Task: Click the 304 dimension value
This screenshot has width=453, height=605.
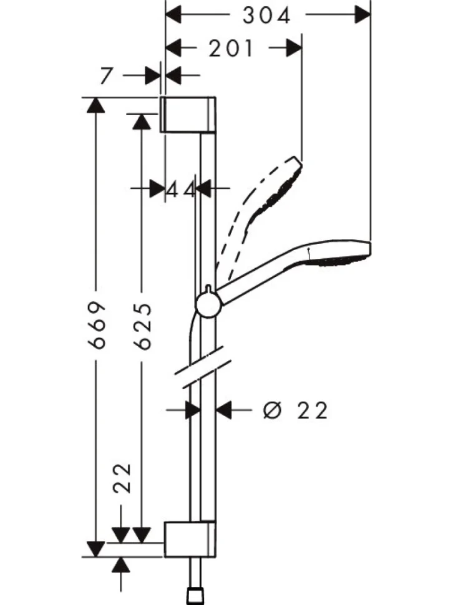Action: click(266, 16)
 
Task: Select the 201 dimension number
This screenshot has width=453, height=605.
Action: click(231, 49)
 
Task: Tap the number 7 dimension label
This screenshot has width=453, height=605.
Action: click(107, 75)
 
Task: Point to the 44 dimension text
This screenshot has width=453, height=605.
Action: click(182, 189)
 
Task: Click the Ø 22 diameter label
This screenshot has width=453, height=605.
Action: click(295, 410)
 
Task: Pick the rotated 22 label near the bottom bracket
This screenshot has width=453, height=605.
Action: click(123, 478)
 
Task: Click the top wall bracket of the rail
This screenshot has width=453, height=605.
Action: click(188, 114)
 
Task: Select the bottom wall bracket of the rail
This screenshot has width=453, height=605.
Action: click(190, 540)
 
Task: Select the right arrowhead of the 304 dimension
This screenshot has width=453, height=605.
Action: click(363, 15)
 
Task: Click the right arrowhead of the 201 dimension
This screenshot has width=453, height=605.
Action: click(294, 48)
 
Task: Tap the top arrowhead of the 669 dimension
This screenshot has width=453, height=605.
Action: click(95, 105)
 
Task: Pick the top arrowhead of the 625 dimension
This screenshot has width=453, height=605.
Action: click(142, 122)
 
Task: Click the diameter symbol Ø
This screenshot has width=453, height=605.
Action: click(272, 410)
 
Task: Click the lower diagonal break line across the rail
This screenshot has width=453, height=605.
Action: click(207, 374)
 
